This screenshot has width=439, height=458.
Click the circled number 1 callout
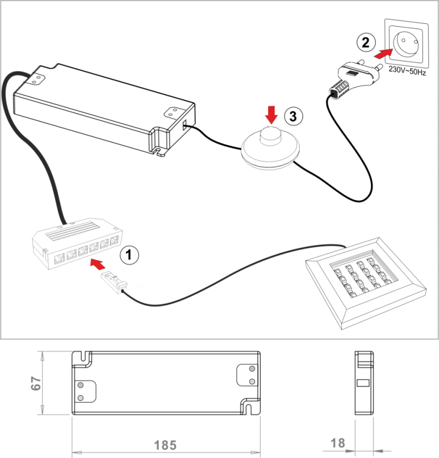tap(129, 255)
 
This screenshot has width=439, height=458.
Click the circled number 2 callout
tap(366, 43)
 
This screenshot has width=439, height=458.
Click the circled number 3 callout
tap(293, 116)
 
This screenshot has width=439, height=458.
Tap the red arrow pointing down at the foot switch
tap(271, 115)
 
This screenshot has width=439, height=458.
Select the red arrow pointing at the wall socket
tap(383, 53)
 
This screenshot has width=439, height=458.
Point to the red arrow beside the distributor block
tap(98, 264)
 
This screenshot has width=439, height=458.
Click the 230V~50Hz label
tap(407, 70)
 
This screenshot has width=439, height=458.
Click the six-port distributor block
tap(77, 243)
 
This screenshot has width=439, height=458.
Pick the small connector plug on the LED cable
tap(114, 282)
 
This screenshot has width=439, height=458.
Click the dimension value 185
tap(165, 445)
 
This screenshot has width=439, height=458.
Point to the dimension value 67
tap(36, 383)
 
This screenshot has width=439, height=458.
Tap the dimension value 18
tap(338, 443)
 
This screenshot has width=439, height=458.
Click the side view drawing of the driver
tap(364, 383)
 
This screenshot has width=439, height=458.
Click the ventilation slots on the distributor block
tap(71, 231)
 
